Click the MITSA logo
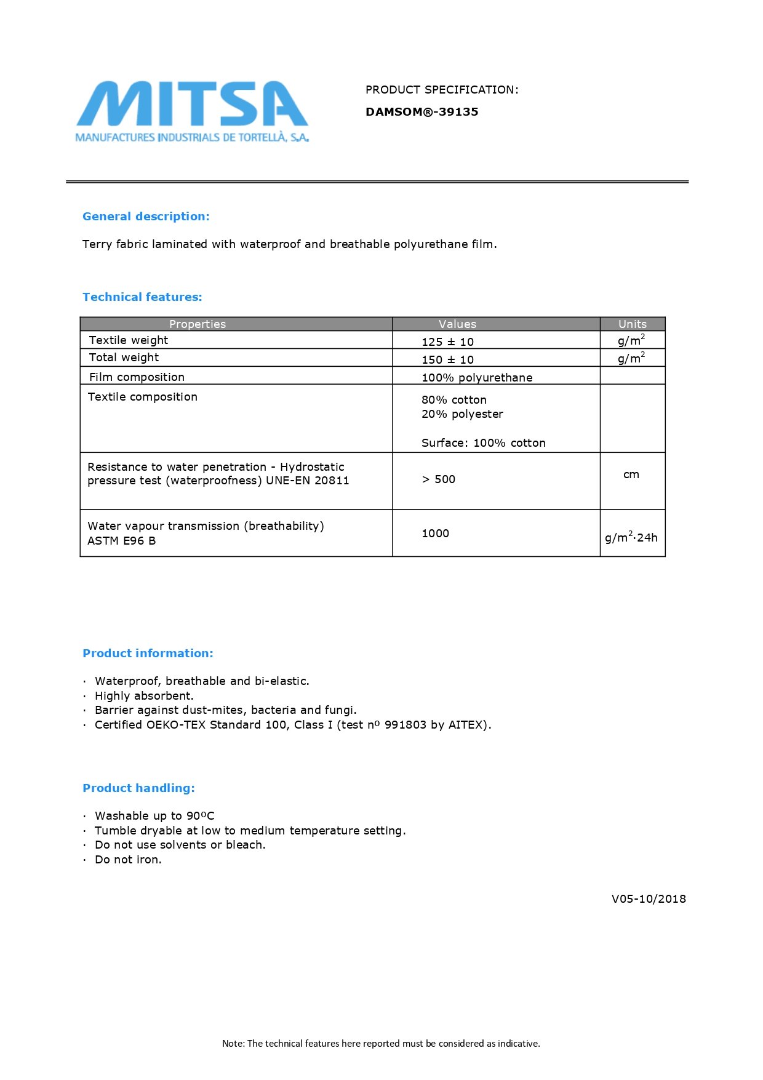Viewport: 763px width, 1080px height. tap(192, 111)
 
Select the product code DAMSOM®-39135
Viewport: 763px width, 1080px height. tap(421, 112)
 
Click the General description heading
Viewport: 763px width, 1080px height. tap(146, 217)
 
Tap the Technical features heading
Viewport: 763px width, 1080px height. tap(142, 297)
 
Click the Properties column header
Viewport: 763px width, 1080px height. tap(198, 324)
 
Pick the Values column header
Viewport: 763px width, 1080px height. tap(457, 324)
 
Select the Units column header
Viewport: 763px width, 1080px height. tap(632, 324)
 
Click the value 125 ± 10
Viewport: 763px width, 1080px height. tap(447, 342)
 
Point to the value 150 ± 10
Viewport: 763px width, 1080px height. tap(447, 360)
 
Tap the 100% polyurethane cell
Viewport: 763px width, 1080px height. tap(477, 378)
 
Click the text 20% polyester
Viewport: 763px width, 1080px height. tap(462, 414)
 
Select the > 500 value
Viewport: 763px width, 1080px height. tap(438, 479)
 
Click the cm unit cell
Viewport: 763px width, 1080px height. tap(631, 474)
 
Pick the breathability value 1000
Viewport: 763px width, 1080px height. tap(435, 534)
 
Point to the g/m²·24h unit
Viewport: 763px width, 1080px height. tap(631, 537)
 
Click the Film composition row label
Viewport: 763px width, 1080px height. tap(137, 377)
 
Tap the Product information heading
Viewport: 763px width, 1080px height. tap(148, 654)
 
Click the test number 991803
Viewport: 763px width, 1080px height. tap(405, 725)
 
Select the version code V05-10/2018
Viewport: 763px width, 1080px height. tap(649, 899)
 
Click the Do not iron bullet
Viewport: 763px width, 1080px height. tap(128, 860)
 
